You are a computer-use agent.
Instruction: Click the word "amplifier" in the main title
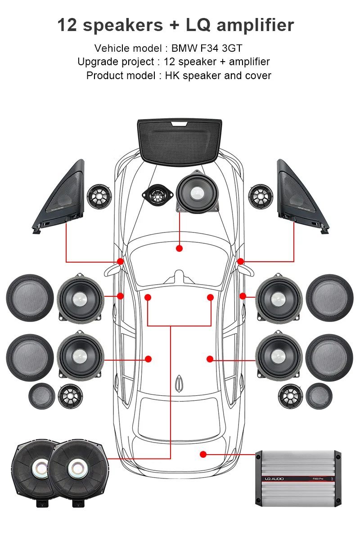pos(255,25)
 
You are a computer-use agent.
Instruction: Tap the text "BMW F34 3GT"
pos(207,48)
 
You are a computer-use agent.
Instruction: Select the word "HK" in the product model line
pos(172,75)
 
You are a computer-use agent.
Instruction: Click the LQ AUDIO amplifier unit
pos(298,478)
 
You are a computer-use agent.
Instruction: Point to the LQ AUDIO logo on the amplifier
pos(274,479)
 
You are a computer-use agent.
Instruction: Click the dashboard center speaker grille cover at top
pos(180,140)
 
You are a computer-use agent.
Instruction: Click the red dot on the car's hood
pos(179,248)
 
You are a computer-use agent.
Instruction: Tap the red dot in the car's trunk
pos(203,455)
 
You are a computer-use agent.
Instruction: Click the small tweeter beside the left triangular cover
pos(99,197)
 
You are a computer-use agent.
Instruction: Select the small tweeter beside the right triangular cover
pos(261,197)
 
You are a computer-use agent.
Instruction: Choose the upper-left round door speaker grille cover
pos(30,297)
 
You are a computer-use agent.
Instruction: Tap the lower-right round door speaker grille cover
pos(329,357)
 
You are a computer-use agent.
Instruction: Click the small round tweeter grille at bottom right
pos(319,397)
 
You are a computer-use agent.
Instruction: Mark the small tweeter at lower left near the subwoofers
pos(70,397)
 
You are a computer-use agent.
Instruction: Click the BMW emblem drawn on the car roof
pos(180,382)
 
